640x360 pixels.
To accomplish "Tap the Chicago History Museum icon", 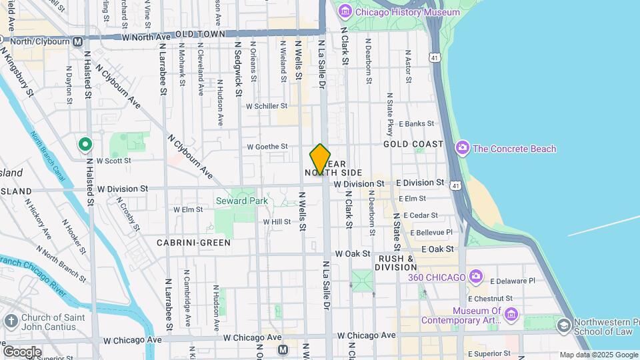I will [345, 11].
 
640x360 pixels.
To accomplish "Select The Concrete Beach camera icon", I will [462, 148].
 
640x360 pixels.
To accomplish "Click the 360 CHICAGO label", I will [437, 277].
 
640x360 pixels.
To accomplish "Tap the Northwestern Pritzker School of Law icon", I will [563, 325].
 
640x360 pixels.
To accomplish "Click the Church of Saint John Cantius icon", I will [11, 322].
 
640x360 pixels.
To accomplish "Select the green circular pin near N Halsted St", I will [85, 144].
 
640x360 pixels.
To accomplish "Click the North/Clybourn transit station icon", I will [78, 41].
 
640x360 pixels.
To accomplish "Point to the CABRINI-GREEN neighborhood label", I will [193, 243].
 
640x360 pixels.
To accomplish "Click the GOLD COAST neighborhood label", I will [413, 144].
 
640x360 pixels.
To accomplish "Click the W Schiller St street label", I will [266, 106].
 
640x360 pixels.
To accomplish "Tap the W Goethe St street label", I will [267, 147].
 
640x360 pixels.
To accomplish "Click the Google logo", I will [22, 351].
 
